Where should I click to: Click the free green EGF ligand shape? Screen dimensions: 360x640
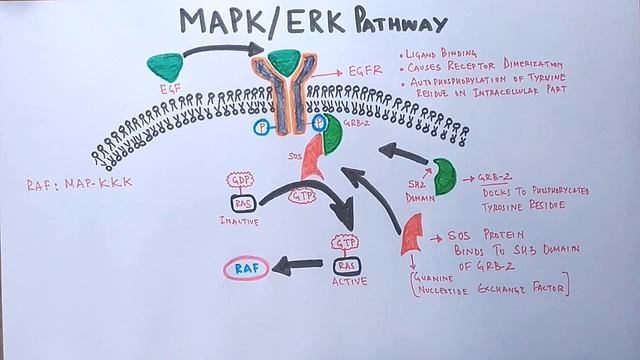pyautogui.click(x=165, y=66)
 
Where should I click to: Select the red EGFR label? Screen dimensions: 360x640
pyautogui.click(x=366, y=72)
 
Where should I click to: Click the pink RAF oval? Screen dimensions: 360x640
pyautogui.click(x=245, y=267)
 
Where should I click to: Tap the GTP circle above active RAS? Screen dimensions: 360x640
pyautogui.click(x=345, y=244)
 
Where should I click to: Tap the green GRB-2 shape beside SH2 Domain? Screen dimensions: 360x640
pyautogui.click(x=445, y=176)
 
